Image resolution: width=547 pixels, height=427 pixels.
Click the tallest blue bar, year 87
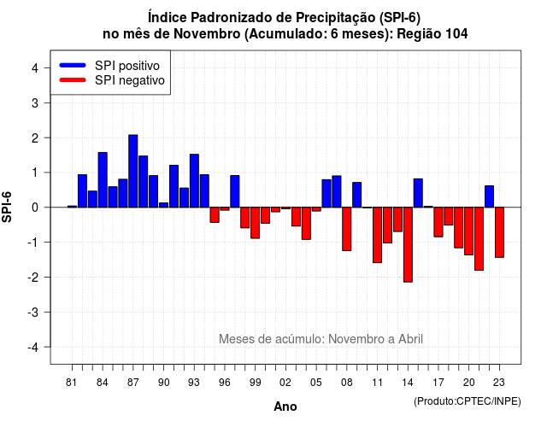pyautogui.click(x=133, y=171)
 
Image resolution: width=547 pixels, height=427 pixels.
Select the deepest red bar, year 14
pyautogui.click(x=408, y=245)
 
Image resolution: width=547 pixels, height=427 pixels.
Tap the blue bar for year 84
pyautogui.click(x=103, y=180)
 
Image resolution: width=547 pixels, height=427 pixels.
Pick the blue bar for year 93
pyautogui.click(x=194, y=180)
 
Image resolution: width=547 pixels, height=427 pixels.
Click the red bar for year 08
pyautogui.click(x=347, y=229)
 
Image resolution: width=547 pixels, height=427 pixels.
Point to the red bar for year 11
pyautogui.click(x=377, y=235)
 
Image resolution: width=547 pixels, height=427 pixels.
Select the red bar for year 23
pyautogui.click(x=499, y=232)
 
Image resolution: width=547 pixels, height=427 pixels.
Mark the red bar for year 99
pyautogui.click(x=255, y=223)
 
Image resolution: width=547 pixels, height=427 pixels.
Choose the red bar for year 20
pyautogui.click(x=469, y=231)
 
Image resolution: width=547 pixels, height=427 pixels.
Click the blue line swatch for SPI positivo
pyautogui.click(x=73, y=65)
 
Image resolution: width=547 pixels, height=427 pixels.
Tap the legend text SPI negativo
pyautogui.click(x=130, y=80)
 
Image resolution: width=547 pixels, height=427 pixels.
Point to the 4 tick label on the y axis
pyautogui.click(x=35, y=68)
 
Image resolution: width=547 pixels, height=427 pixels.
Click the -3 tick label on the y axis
pyautogui.click(x=33, y=313)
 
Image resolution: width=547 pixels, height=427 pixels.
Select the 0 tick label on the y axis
pyautogui.click(x=35, y=208)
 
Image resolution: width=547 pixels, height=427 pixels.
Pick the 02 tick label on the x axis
pyautogui.click(x=285, y=383)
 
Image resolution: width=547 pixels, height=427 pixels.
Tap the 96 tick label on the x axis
pyautogui.click(x=224, y=383)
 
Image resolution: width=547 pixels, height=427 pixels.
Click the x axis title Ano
pyautogui.click(x=285, y=407)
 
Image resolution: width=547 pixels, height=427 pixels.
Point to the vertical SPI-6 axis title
pyautogui.click(x=7, y=207)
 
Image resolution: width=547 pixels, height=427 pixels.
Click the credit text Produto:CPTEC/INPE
pyautogui.click(x=468, y=401)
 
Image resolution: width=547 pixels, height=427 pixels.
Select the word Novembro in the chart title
pyautogui.click(x=207, y=34)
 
